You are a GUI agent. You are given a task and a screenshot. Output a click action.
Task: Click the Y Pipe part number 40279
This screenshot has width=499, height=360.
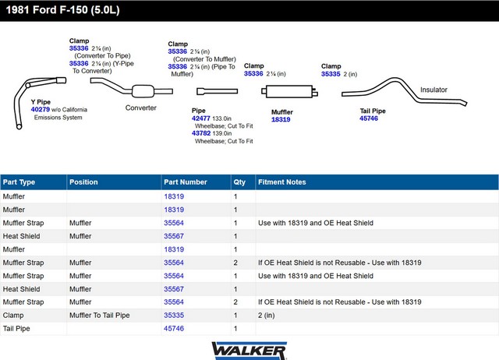coord(41,109)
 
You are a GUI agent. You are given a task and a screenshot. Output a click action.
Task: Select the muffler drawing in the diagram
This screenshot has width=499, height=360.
coord(289,92)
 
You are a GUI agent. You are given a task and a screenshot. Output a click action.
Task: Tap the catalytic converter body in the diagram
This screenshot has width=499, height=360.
coord(143,91)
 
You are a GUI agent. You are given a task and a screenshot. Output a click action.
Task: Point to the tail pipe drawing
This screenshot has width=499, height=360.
coord(404,90)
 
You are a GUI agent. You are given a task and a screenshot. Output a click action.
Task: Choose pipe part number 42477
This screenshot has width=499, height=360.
coord(201,118)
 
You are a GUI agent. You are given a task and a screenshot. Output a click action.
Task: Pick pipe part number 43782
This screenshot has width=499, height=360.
coord(201,133)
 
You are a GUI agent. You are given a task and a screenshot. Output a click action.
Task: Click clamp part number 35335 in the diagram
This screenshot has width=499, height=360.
coord(331,74)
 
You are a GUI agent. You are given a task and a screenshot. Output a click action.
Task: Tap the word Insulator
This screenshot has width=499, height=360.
coord(434,90)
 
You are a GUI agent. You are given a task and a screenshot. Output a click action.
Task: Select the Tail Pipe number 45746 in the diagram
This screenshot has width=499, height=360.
coord(369,118)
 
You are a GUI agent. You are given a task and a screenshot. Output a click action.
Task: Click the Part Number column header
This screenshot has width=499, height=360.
coord(186,182)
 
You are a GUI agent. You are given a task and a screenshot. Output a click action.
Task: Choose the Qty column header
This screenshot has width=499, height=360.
coord(239,182)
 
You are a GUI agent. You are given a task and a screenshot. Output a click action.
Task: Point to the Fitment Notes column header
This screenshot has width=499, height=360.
coord(282,182)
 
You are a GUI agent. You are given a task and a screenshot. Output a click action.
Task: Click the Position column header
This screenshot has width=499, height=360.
coord(83,182)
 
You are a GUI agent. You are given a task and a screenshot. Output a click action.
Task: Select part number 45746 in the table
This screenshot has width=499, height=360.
coord(174,329)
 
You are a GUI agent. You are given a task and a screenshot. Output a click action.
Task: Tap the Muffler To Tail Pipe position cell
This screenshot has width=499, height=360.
coord(99,315)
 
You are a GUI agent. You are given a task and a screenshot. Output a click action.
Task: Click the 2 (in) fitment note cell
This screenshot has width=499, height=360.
coord(267,315)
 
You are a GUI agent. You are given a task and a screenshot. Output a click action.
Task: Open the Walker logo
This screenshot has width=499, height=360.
coord(249,351)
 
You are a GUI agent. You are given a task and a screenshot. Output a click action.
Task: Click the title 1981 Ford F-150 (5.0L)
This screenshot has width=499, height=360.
coord(62,10)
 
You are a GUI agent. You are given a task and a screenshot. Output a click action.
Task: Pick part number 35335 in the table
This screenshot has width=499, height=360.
coord(174,315)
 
